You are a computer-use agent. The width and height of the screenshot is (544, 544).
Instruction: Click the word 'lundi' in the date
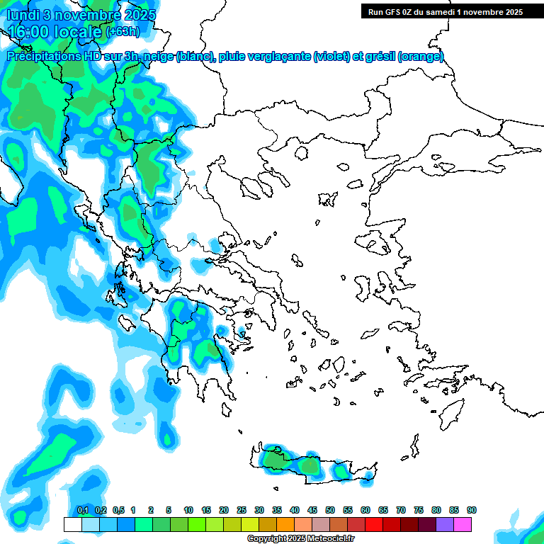click(x=23, y=15)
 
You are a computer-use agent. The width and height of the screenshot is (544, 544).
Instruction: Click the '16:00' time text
click(x=30, y=32)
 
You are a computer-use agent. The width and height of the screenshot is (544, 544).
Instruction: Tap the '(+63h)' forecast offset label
click(x=123, y=32)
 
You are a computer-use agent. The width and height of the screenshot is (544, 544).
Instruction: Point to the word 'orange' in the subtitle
click(x=422, y=57)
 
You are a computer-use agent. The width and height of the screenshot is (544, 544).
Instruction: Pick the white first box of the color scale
click(x=72, y=524)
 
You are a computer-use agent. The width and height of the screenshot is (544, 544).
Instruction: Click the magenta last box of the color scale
click(x=463, y=524)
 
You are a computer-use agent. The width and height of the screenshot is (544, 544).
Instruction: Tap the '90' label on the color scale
click(x=472, y=510)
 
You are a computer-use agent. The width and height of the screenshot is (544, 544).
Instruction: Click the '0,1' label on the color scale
click(x=82, y=510)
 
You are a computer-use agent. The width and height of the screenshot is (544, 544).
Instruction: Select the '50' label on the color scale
click(x=330, y=510)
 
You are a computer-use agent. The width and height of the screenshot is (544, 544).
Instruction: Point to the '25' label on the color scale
click(x=242, y=510)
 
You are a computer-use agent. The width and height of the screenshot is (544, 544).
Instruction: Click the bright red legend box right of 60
click(x=374, y=524)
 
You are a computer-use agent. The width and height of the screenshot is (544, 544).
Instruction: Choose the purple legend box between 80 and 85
click(x=445, y=524)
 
